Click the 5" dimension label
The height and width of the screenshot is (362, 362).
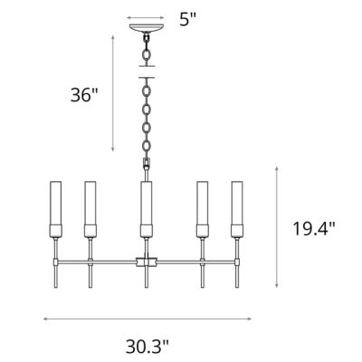click(187, 19)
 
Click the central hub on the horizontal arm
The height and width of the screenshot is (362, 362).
click(146, 262)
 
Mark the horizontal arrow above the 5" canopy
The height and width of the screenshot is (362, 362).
click(146, 17)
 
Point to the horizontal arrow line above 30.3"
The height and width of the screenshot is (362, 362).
click(146, 318)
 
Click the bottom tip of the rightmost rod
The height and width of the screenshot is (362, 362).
click(238, 290)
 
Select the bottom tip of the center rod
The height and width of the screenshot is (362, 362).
click(146, 290)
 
